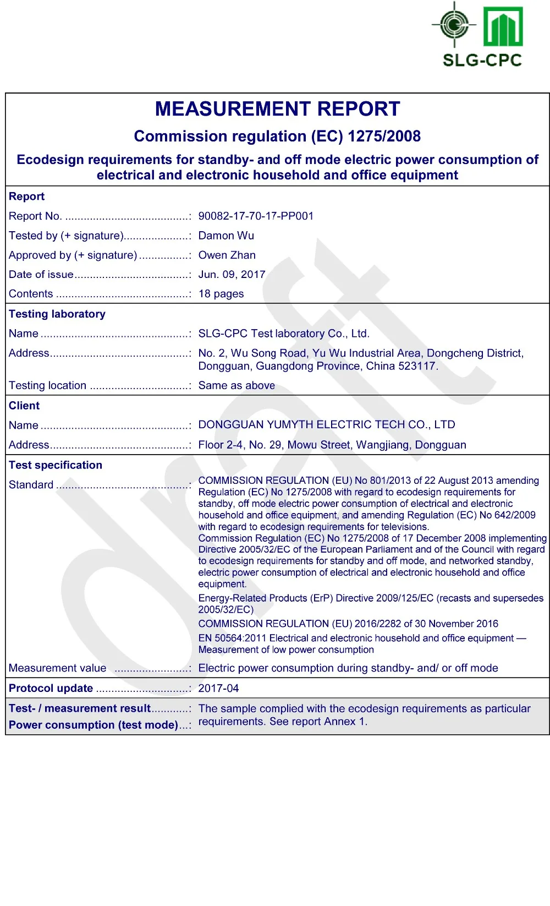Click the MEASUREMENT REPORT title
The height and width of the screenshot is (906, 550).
point(277,109)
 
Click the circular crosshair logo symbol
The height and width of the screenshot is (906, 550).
point(454,25)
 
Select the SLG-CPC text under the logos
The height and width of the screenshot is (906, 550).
point(482,60)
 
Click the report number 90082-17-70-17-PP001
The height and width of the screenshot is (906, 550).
point(256,216)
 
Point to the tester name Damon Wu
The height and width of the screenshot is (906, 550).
point(226,236)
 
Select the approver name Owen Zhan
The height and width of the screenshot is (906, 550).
point(227,255)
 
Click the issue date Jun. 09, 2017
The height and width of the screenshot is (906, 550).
point(232,274)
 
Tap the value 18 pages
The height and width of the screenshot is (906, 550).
point(221,293)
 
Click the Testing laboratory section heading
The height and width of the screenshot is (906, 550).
point(57,314)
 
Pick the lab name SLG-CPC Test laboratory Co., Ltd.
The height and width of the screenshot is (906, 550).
point(284,333)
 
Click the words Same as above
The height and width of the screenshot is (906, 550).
point(237,385)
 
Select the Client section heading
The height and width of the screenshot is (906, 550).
point(24,406)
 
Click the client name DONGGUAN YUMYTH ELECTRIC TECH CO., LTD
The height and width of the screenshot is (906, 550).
point(327,424)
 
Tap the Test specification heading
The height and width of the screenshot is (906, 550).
point(56,465)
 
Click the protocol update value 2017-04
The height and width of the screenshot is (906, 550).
point(218,688)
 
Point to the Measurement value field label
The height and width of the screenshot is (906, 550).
point(58,668)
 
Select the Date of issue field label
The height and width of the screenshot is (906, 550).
point(41,274)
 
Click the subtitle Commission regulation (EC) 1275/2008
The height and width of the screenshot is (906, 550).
point(277,136)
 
